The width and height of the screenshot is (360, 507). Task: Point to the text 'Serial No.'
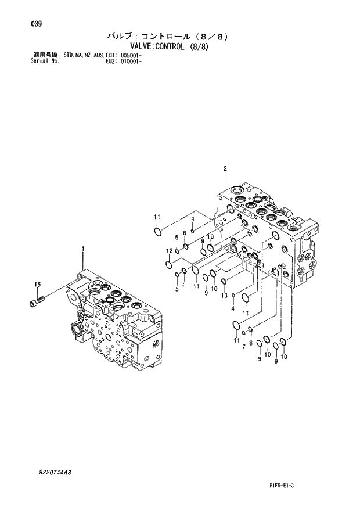[43, 60]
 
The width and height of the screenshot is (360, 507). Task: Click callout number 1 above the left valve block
[83, 249]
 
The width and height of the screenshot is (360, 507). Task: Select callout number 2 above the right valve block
[224, 169]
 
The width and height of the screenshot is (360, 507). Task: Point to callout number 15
[37, 284]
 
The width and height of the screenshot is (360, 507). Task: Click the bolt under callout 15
[37, 302]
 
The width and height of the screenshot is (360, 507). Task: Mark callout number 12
[169, 251]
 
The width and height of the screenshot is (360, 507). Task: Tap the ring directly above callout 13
[224, 282]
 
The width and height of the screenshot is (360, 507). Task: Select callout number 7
[243, 347]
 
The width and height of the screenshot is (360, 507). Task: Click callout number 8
[250, 343]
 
